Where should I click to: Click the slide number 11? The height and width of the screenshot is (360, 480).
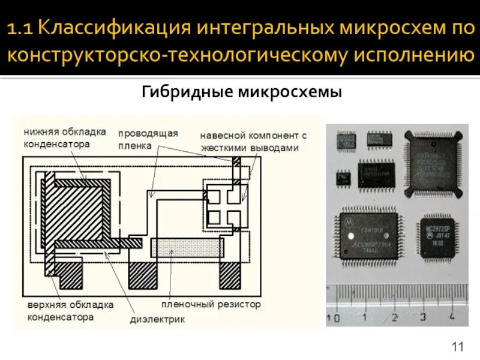458,346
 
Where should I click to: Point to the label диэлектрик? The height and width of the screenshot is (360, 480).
158,319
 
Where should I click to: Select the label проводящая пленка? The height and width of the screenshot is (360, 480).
148,139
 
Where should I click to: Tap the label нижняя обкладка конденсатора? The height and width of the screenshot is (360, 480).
65,137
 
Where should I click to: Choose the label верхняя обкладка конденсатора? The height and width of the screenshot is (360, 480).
70,310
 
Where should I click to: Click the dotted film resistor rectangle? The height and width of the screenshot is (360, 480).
187,248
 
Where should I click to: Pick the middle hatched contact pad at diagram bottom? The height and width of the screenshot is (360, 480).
144,275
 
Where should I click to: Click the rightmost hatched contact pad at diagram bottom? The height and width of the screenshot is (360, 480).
230,275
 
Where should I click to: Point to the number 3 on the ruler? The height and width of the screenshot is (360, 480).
423,317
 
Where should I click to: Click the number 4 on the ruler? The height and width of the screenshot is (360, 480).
451,316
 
